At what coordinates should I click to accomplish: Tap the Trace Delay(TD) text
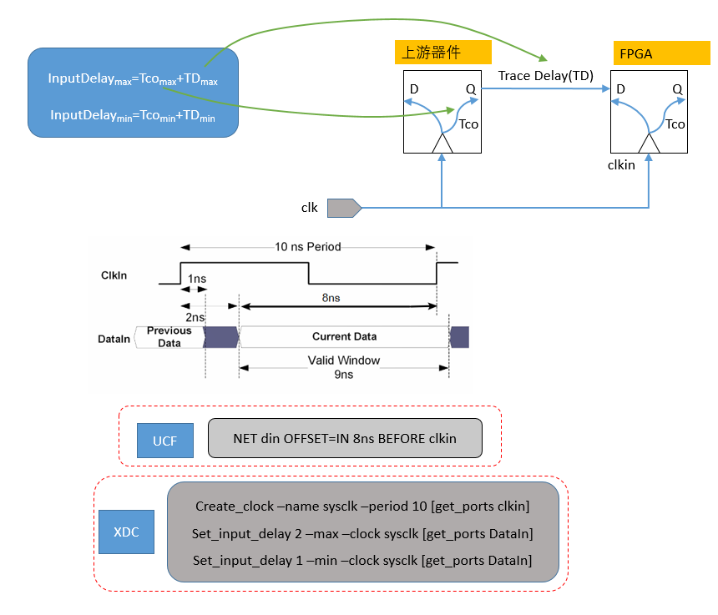point(545,76)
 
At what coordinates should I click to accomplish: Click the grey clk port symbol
point(343,207)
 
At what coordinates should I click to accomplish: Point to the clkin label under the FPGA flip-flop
point(621,165)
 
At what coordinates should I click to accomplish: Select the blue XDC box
point(127,531)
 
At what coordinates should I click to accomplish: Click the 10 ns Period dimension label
point(307,247)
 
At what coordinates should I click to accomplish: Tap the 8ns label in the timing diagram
point(331,296)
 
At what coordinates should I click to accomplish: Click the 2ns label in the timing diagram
point(195,317)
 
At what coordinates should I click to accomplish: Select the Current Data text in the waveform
point(344,336)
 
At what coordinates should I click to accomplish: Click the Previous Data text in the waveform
point(169,336)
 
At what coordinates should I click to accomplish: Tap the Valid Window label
point(343,360)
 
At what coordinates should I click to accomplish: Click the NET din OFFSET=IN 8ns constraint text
point(344,438)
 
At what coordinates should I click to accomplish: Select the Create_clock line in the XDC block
point(362,506)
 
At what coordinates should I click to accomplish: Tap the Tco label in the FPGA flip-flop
point(675,124)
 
